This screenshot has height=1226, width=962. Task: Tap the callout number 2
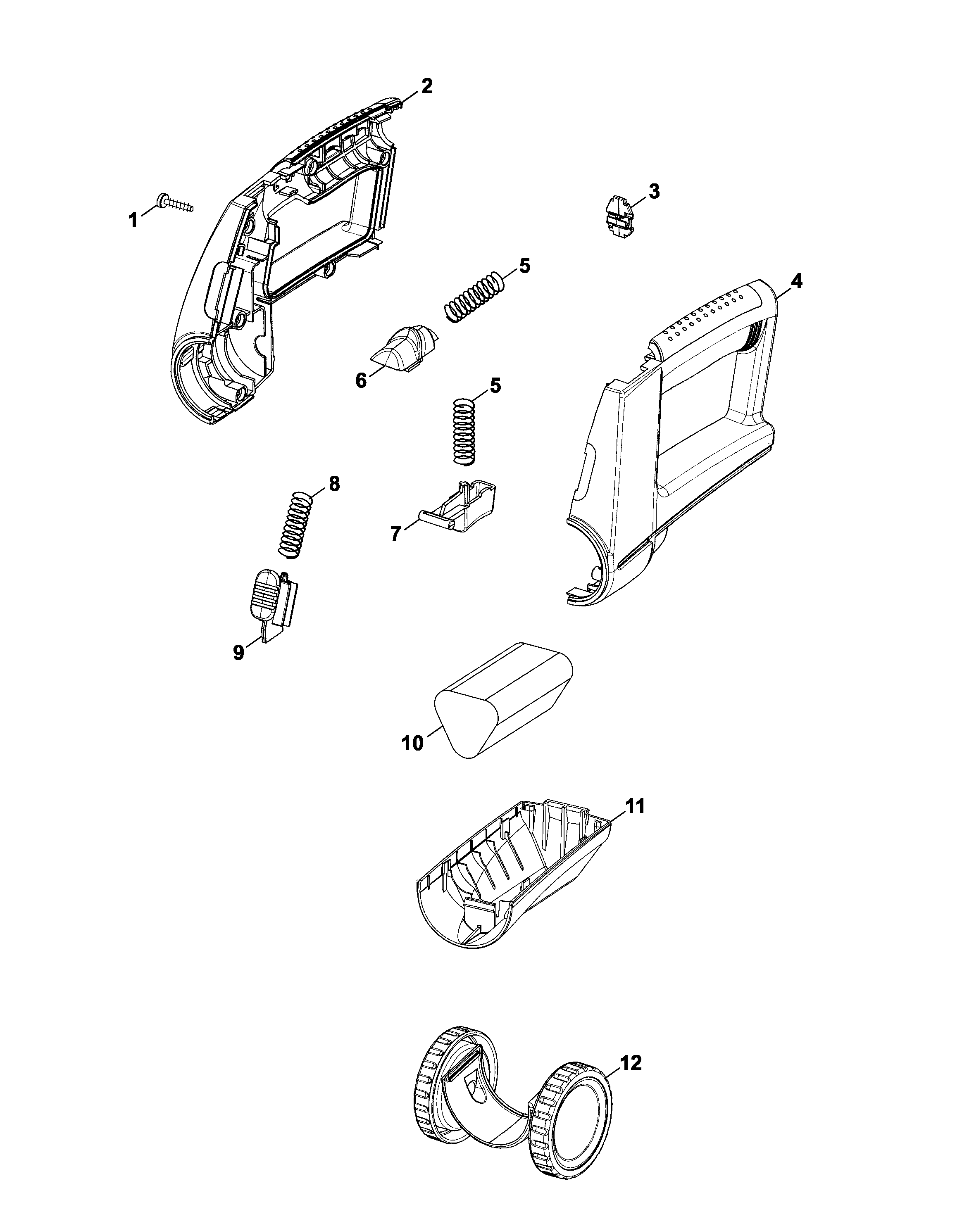pyautogui.click(x=426, y=86)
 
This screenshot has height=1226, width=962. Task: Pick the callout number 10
pyautogui.click(x=412, y=743)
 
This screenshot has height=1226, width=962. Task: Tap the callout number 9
pyautogui.click(x=238, y=653)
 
